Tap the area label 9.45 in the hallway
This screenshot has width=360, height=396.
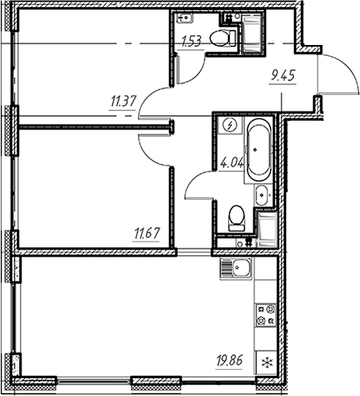pos(283,75)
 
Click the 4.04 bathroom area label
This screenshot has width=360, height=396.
pos(230,164)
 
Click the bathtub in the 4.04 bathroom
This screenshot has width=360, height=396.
pos(257,150)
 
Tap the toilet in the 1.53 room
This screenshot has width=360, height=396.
pos(224,37)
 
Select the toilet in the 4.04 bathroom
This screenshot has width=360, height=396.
pos(237,216)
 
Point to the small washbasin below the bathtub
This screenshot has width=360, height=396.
pos(262,195)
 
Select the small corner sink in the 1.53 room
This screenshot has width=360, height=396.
pos(185,18)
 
